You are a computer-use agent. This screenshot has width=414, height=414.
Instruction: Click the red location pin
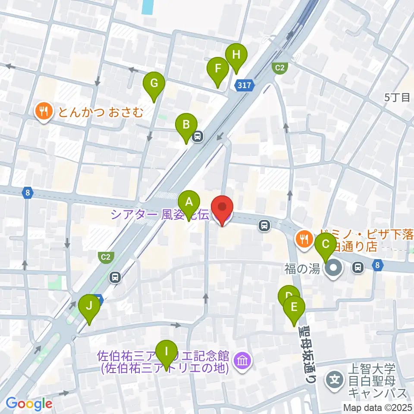pos(222,208)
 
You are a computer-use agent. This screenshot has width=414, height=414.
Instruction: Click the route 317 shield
pos(244,86)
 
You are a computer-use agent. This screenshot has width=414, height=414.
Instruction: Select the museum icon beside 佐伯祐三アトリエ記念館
pos(242,361)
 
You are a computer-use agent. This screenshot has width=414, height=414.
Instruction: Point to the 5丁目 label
pos(397,97)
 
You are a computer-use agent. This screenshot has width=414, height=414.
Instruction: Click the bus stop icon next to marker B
pos(198,137)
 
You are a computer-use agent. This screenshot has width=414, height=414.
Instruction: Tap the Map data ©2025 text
pos(377,407)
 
